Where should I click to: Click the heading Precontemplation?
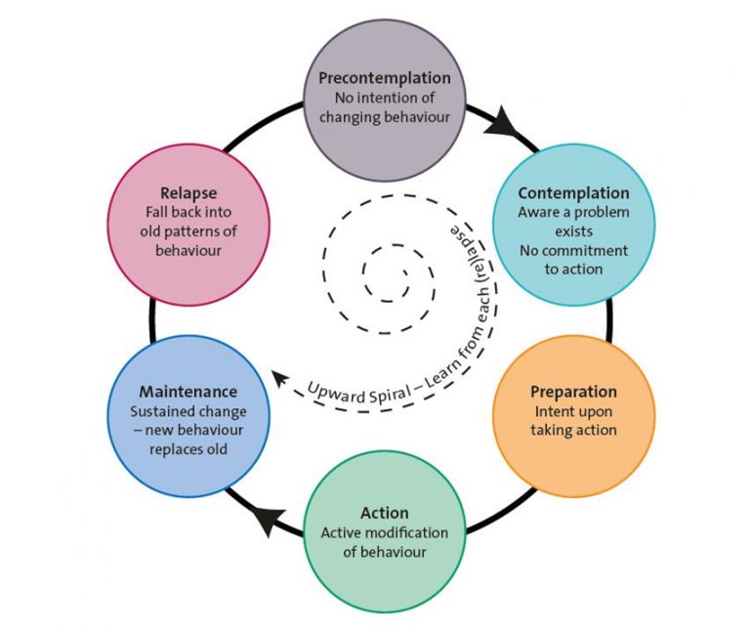pos(385,78)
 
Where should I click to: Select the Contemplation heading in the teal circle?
pos(573,192)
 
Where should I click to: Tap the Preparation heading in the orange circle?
pos(573,392)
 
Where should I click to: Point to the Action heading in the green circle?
pos(385,513)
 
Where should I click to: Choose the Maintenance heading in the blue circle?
pos(187,392)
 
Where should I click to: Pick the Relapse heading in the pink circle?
pos(188,192)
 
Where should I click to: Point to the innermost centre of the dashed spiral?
pos(405,273)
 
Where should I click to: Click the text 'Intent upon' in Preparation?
pos(573,411)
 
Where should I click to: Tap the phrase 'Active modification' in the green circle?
pos(385,532)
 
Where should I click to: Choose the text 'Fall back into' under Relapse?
pos(188,212)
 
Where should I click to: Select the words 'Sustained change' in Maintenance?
pos(188,411)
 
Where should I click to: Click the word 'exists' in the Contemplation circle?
pos(573,231)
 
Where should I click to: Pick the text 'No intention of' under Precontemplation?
pos(385,98)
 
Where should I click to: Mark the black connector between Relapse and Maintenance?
pos(152,320)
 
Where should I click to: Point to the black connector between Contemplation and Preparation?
pos(609,320)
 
